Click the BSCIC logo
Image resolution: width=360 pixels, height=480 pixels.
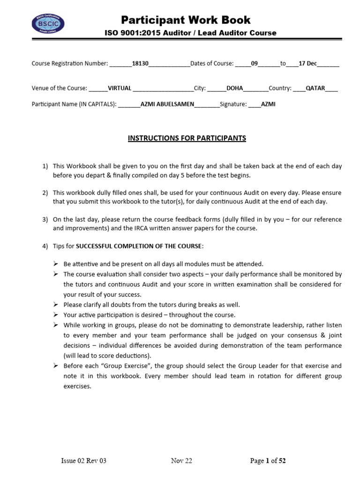pyautogui.click(x=48, y=24)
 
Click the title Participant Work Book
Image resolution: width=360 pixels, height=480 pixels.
pyautogui.click(x=186, y=20)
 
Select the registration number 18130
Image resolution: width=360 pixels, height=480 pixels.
pyautogui.click(x=140, y=63)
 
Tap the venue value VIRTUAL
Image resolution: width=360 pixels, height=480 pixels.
pyautogui.click(x=120, y=88)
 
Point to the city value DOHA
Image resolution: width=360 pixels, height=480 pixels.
pyautogui.click(x=234, y=88)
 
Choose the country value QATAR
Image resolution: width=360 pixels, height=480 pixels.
pyautogui.click(x=315, y=88)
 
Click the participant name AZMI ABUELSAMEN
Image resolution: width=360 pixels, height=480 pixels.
pyautogui.click(x=167, y=105)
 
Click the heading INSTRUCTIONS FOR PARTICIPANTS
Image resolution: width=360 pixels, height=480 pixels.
pyautogui.click(x=187, y=138)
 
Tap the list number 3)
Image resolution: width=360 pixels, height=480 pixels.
pyautogui.click(x=45, y=219)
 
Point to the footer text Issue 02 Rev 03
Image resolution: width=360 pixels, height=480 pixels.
pyautogui.click(x=84, y=461)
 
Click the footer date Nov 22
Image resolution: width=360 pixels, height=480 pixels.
pyautogui.click(x=181, y=461)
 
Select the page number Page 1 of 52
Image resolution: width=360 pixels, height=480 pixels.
pyautogui.click(x=268, y=461)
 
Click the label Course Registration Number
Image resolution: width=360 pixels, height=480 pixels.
pyautogui.click(x=69, y=63)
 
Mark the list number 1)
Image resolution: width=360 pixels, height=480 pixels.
pyautogui.click(x=45, y=166)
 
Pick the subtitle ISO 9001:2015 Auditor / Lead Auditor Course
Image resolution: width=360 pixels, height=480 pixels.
pyautogui.click(x=186, y=33)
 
